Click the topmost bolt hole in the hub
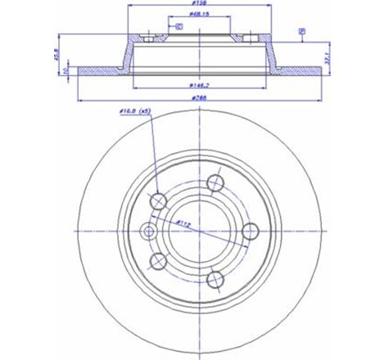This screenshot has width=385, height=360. pos(215,182)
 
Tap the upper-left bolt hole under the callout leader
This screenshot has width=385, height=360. pos(159,200)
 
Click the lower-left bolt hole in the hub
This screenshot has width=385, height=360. pos(159,261)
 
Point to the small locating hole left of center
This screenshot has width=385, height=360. pos(149,232)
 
